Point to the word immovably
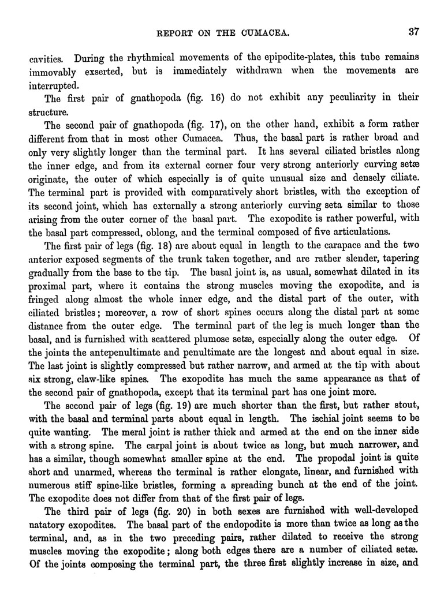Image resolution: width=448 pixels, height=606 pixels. tap(54, 71)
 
